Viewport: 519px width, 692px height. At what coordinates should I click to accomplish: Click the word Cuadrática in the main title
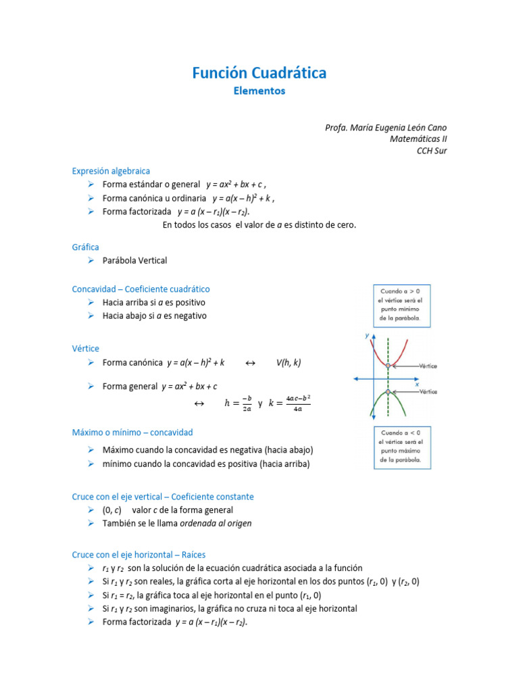[289, 73]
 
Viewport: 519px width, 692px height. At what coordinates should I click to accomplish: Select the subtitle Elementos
[259, 91]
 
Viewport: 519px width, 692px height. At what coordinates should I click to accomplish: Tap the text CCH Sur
[431, 151]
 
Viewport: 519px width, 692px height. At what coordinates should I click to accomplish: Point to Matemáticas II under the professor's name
[418, 139]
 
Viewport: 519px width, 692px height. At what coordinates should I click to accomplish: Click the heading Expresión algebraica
[111, 171]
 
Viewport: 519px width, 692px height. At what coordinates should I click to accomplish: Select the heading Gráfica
[85, 247]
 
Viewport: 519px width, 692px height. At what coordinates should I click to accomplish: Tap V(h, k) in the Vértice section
[289, 363]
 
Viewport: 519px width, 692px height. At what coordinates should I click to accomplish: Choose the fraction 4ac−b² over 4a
[298, 403]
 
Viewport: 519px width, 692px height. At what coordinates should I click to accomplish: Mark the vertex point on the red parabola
[388, 366]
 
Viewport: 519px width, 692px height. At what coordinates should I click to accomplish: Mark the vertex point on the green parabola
[388, 392]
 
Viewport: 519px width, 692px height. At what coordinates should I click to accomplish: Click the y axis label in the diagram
[367, 335]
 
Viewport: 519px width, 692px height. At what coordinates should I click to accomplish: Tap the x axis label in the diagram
[416, 383]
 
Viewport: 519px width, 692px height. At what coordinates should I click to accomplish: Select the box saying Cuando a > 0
[401, 303]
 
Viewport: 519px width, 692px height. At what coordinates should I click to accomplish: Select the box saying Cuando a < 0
[401, 446]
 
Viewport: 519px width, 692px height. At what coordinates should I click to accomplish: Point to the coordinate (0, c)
[112, 510]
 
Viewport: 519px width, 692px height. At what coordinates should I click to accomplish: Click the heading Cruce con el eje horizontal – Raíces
[148, 555]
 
